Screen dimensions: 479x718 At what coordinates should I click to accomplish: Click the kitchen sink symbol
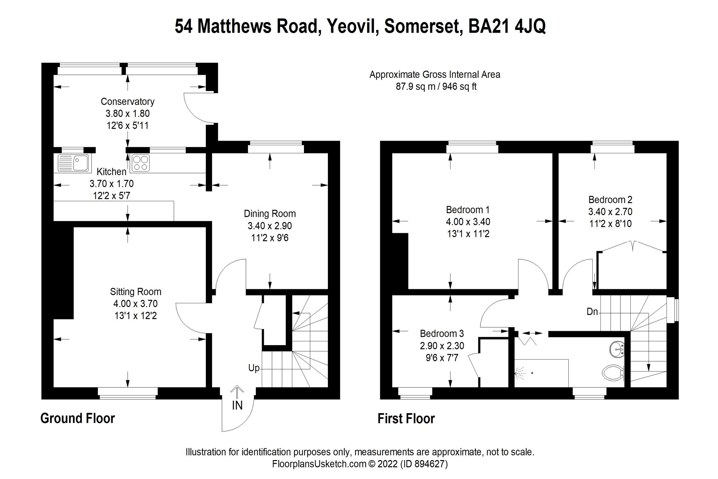[74, 163]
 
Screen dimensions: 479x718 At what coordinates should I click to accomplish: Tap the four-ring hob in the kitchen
[141, 163]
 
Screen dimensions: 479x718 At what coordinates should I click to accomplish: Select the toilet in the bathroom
[613, 373]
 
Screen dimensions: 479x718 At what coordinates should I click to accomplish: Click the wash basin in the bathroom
[617, 349]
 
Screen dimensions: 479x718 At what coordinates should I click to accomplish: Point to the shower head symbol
[519, 373]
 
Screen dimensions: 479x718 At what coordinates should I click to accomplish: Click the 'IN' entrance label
[237, 406]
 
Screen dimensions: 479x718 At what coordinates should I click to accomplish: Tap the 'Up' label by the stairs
[254, 368]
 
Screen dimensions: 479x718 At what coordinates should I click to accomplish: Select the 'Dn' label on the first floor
[592, 312]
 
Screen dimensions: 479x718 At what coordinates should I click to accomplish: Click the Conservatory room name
[128, 101]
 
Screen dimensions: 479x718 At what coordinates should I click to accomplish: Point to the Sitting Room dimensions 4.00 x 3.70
[136, 304]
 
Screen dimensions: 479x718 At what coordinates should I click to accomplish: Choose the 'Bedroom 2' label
[610, 199]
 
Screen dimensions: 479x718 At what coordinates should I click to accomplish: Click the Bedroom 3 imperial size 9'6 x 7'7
[442, 357]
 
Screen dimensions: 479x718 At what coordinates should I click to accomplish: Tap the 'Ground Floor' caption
[77, 418]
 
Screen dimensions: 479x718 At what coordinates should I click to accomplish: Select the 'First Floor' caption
[406, 419]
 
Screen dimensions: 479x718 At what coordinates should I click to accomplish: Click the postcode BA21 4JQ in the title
[507, 26]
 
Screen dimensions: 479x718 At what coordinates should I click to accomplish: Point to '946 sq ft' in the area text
[459, 87]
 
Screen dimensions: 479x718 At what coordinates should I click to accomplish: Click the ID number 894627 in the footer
[430, 464]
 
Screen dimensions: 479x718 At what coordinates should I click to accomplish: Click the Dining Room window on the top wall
[276, 147]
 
